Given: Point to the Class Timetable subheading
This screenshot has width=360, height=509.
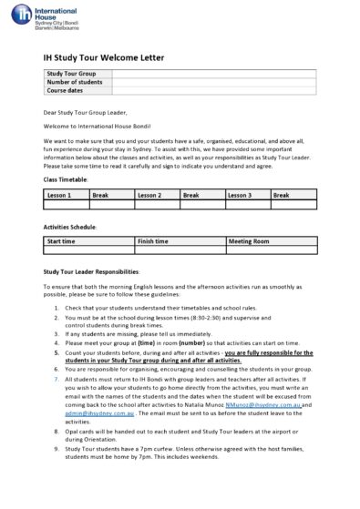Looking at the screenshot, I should (66, 180).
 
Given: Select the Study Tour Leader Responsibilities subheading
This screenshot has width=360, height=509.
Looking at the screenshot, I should (91, 271).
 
